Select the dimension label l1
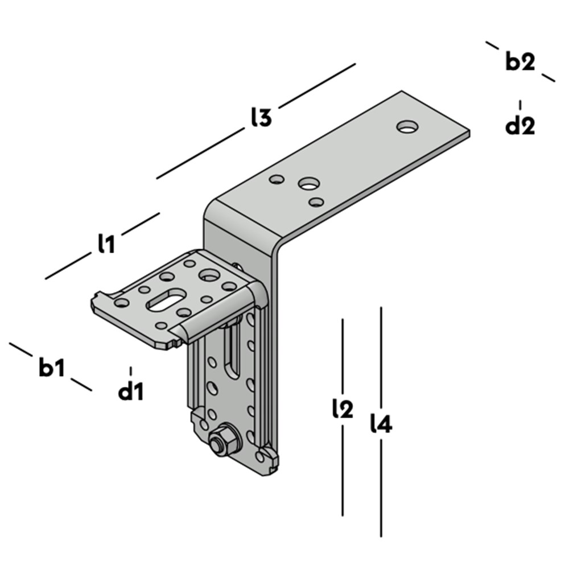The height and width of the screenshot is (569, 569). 106,244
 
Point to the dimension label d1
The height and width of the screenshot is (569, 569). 131,391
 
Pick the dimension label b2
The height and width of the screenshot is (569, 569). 520,62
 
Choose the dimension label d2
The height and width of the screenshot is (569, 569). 520,126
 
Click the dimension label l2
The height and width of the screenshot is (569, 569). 343,409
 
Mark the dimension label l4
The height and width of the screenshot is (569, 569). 381,424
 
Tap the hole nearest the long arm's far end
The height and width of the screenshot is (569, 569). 407,126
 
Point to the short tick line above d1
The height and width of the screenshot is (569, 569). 131,371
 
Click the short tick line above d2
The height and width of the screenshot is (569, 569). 520,105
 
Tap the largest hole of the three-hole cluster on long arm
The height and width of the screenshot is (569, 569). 309,184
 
